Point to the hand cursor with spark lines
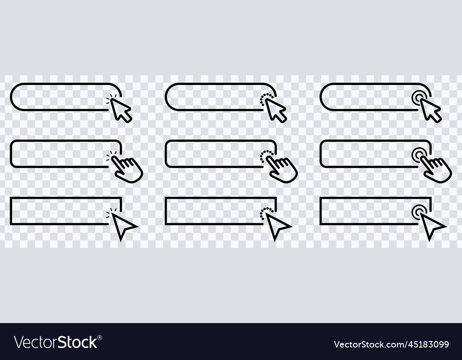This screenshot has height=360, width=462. pos(128,169)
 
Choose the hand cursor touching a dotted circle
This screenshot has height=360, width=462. pos(283,169)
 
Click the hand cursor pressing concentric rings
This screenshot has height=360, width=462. pos(437,169)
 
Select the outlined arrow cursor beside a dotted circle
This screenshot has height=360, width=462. pos(277,225)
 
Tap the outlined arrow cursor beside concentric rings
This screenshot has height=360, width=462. pos(432,225)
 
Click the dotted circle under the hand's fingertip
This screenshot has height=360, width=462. pos(266,156)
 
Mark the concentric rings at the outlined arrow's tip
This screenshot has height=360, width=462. pos(419,212)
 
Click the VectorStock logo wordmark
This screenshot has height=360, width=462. pos(55,342)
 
